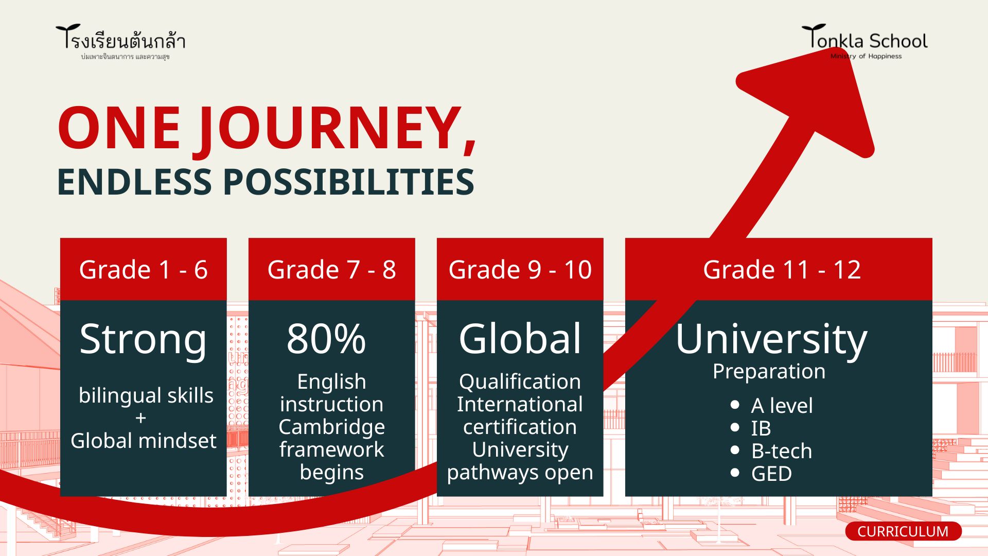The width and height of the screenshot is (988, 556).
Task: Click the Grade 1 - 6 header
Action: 143,269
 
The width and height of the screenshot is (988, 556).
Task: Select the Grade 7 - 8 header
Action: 331,269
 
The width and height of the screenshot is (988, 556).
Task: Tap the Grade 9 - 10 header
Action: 520,269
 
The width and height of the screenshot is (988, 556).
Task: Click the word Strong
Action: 143,340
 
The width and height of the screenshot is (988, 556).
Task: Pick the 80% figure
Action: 326,339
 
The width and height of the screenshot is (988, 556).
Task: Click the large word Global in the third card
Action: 520,339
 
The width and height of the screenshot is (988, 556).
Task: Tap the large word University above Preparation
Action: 771,340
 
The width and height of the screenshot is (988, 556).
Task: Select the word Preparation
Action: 769,372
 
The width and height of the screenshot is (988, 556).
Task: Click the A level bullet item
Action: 782,406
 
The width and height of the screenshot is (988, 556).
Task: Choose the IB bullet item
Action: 761,428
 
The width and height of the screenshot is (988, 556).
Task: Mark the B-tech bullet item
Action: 781,451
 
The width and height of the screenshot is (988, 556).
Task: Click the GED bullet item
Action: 771,474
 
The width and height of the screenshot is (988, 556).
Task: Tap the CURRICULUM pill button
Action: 903,531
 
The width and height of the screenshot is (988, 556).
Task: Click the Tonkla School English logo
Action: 864,42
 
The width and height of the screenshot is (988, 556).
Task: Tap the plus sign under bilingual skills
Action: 141,419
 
